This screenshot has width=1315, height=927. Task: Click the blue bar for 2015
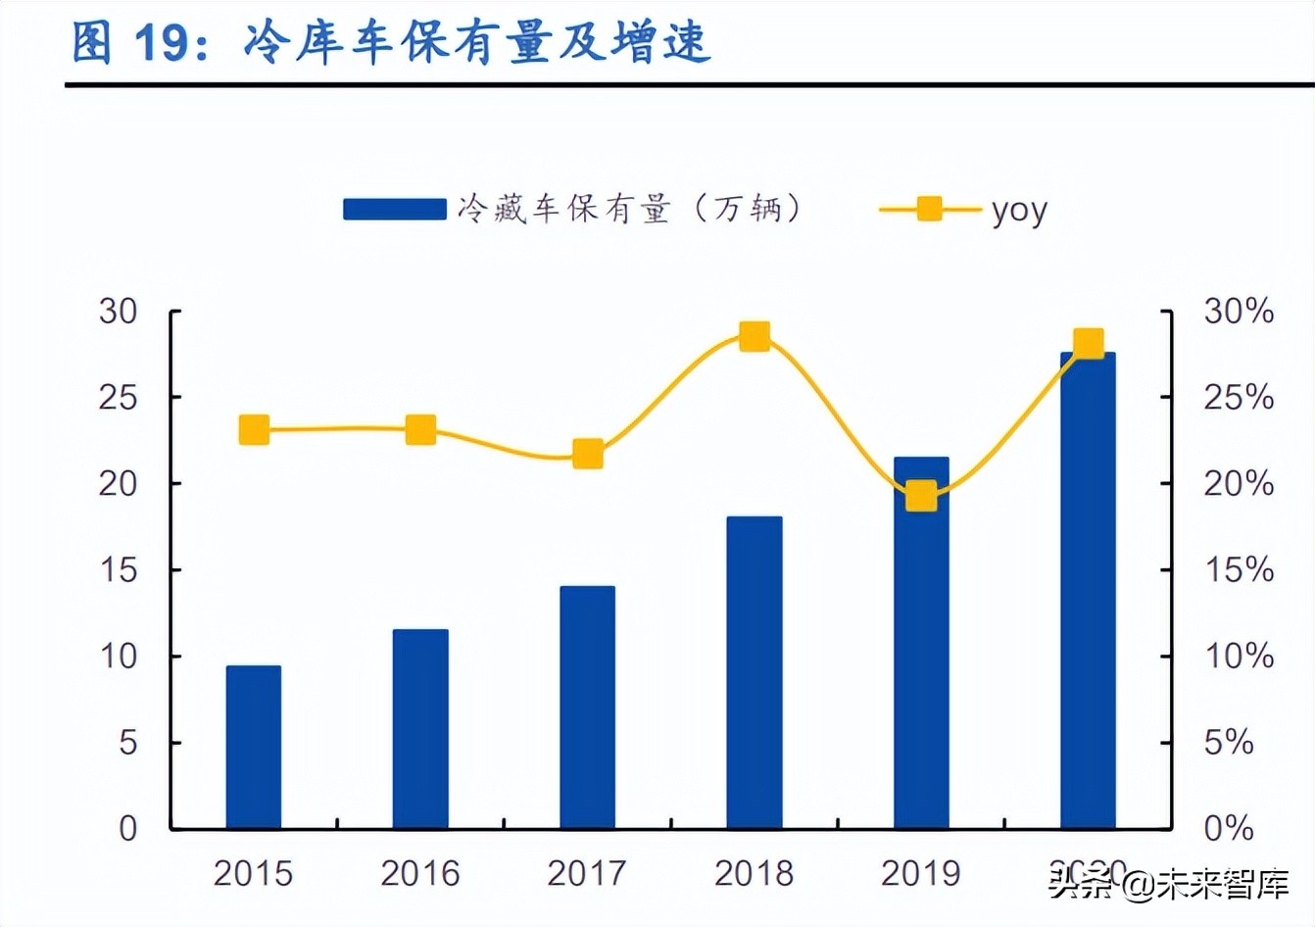point(254,747)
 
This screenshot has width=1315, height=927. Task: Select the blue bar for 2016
point(420,729)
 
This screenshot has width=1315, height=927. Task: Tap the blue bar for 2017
point(588,707)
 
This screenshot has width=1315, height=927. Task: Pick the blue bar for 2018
point(755,672)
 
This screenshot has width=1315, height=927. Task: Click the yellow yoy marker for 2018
point(755,337)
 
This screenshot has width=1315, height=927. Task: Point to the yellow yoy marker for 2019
point(921,496)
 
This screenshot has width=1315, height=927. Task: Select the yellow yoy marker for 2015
point(254,430)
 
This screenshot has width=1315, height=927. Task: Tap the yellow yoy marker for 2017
point(588,454)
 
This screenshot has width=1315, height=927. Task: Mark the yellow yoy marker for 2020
point(1089,344)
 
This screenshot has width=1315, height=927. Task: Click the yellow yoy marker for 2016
point(420,430)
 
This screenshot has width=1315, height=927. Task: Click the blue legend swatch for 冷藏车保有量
point(394,209)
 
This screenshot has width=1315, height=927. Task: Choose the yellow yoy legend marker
point(929,209)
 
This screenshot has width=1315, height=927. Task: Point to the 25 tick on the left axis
point(119,398)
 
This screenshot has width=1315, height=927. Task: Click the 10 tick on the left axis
point(119,657)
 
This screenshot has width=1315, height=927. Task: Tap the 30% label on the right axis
point(1239,312)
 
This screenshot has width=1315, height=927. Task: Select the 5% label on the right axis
point(1229,743)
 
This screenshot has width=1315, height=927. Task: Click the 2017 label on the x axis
point(587,873)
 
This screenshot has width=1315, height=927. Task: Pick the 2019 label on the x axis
point(921,873)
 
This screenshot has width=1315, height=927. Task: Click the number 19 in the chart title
point(160,43)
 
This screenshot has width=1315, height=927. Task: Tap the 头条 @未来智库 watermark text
point(1169,886)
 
